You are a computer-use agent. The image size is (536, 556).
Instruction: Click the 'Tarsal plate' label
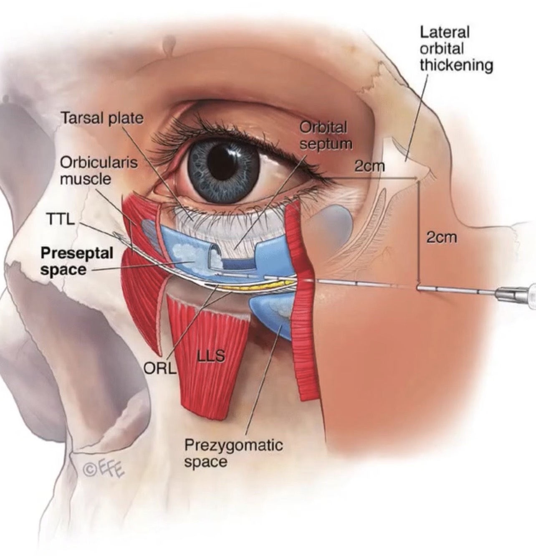[102, 118]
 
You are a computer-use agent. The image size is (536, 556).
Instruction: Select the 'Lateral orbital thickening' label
[456, 48]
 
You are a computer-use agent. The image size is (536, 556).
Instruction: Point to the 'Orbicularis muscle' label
[99, 170]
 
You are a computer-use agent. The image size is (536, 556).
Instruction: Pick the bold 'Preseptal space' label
[76, 261]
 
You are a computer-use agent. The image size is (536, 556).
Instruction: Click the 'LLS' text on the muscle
[211, 356]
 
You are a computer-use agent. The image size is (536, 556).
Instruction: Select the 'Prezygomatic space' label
[233, 452]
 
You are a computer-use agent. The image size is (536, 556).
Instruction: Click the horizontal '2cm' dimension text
[369, 166]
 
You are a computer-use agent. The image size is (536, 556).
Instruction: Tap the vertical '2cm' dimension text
[442, 238]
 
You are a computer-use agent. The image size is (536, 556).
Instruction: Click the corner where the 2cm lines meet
[417, 179]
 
